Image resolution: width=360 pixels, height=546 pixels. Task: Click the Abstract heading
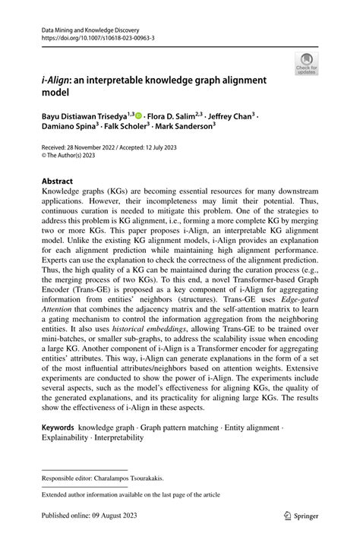pyautogui.click(x=57, y=181)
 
